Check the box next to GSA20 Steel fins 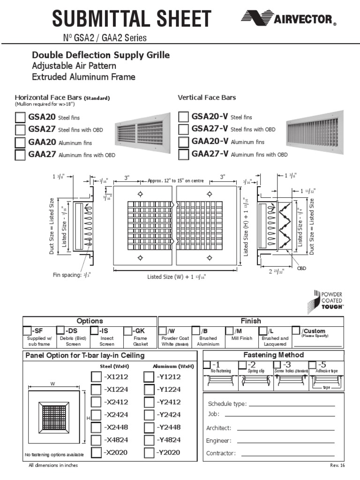pyautogui.click(x=20, y=117)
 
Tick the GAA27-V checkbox pyautogui.click(x=184, y=154)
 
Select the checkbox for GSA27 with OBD pyautogui.click(x=20, y=129)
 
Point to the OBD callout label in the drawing pyautogui.click(x=301, y=269)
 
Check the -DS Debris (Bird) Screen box pyautogui.click(x=60, y=331)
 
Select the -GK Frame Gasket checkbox pyautogui.click(x=128, y=331)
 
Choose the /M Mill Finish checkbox pyautogui.click(x=229, y=331)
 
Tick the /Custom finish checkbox pyautogui.click(x=296, y=331)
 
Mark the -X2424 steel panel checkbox pyautogui.click(x=96, y=415)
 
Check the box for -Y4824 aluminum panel pyautogui.click(x=149, y=440)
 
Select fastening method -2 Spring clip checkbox pyautogui.click(x=242, y=365)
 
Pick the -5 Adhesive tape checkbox pyautogui.click(x=312, y=365)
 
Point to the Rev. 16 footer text pyautogui.click(x=337, y=465)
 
